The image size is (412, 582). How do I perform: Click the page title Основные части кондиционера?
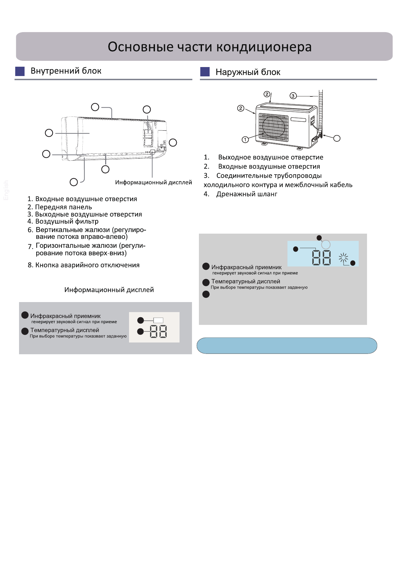pyautogui.click(x=210, y=47)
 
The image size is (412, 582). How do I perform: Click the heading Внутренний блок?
pyautogui.click(x=66, y=71)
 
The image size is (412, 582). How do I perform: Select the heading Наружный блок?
pyautogui.click(x=248, y=72)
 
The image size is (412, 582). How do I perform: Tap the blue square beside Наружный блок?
pyautogui.click(x=205, y=72)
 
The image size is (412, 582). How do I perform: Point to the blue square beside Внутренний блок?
pyautogui.click(x=20, y=71)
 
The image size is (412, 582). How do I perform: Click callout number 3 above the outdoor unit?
pyautogui.click(x=293, y=96)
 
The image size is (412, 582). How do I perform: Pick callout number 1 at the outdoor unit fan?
pyautogui.click(x=245, y=140)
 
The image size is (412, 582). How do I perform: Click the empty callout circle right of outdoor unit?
pyautogui.click(x=337, y=138)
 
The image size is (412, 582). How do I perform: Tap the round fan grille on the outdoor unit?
pyautogui.click(x=274, y=127)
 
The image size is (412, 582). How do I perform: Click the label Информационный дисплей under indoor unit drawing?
pyautogui.click(x=153, y=182)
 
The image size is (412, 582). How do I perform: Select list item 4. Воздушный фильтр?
pyautogui.click(x=63, y=222)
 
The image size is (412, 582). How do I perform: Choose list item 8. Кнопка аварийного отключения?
pyautogui.click(x=83, y=265)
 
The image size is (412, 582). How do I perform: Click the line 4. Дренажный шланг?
pyautogui.click(x=240, y=194)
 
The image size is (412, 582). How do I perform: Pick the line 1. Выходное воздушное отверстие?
pyautogui.click(x=264, y=157)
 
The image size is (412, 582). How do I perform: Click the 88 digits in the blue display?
pyautogui.click(x=321, y=258)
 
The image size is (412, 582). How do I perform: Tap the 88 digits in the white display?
pyautogui.click(x=158, y=332)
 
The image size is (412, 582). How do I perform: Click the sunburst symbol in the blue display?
pyautogui.click(x=343, y=257)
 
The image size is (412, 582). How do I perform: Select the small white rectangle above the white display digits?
pyautogui.click(x=158, y=320)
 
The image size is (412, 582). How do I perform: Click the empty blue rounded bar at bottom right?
pyautogui.click(x=287, y=346)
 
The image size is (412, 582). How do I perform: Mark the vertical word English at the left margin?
pyautogui.click(x=6, y=190)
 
